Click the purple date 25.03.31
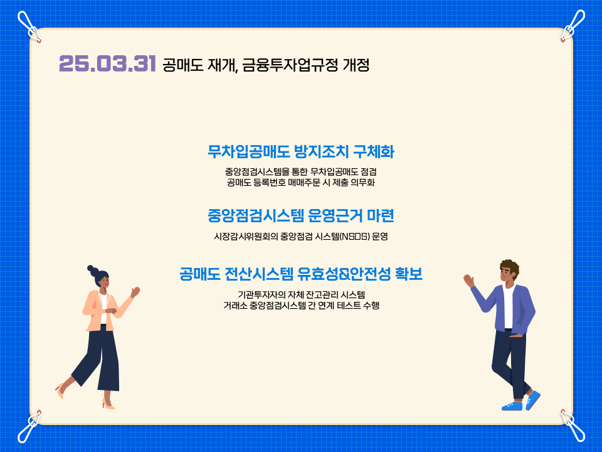(x=107, y=63)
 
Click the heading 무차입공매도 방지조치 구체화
(x=300, y=152)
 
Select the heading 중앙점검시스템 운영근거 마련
(x=300, y=215)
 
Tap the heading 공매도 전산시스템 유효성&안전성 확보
(x=300, y=274)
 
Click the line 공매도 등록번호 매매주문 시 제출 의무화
(x=300, y=182)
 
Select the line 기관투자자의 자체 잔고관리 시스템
(x=301, y=295)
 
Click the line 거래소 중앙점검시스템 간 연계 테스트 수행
(x=301, y=306)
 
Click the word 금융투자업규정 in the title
(x=290, y=65)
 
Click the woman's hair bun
(x=92, y=269)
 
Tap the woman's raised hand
(x=135, y=291)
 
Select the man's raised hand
(x=469, y=281)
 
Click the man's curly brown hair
(x=510, y=266)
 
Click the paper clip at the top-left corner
(x=29, y=26)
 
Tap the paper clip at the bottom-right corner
(x=573, y=426)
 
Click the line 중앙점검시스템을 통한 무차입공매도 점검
(x=300, y=171)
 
